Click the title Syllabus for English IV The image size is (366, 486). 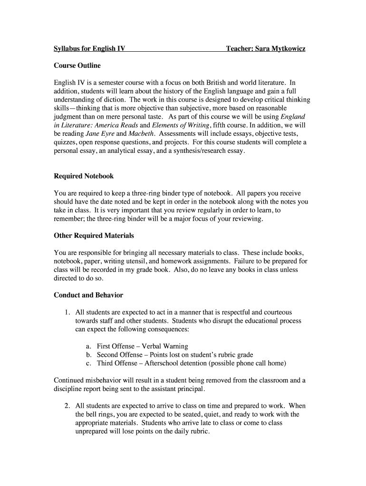[x=89, y=48]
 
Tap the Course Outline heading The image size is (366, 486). [x=77, y=65]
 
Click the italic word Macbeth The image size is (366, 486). [x=141, y=134]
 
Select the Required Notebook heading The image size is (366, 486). [x=84, y=176]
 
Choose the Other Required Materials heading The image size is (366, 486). [x=94, y=235]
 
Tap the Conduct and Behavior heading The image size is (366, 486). [x=88, y=295]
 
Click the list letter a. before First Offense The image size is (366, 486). [x=89, y=346]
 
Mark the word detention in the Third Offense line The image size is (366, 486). [x=200, y=363]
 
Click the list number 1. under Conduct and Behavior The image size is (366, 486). [x=68, y=312]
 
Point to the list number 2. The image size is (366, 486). [x=68, y=406]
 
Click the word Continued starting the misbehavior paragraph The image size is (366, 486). [x=70, y=380]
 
